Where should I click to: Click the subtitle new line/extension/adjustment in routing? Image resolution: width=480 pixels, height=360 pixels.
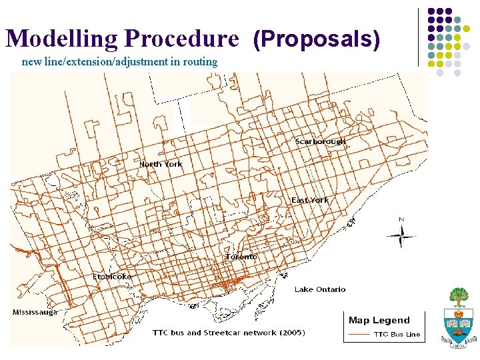click(x=120, y=62)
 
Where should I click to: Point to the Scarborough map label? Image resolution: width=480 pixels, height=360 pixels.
click(x=321, y=141)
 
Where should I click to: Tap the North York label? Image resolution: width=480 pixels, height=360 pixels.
click(x=161, y=164)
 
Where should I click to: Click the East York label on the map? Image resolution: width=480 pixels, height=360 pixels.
click(x=310, y=200)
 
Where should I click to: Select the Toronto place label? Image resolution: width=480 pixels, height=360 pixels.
click(x=241, y=257)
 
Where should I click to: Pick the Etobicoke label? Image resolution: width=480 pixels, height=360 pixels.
click(x=112, y=276)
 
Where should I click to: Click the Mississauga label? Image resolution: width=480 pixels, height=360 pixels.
click(x=35, y=311)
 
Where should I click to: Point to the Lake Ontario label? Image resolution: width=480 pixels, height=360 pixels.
click(x=320, y=289)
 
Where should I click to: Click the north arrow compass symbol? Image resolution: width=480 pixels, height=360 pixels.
click(x=401, y=236)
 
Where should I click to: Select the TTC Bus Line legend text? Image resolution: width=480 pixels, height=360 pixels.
click(x=397, y=334)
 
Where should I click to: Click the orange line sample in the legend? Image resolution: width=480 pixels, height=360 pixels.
click(x=359, y=334)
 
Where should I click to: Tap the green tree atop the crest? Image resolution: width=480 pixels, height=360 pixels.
click(x=458, y=295)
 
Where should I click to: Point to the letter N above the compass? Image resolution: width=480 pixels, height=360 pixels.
click(x=401, y=219)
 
